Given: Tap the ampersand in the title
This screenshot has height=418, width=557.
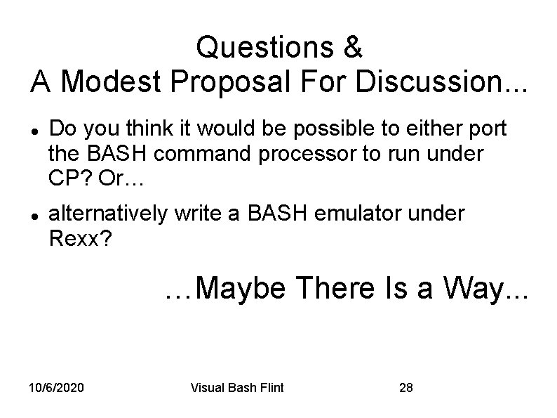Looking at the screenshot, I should pyautogui.click(x=353, y=48).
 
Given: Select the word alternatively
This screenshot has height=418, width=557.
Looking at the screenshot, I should pyautogui.click(x=108, y=214).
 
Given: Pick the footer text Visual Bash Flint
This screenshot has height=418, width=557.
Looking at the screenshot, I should pyautogui.click(x=237, y=388).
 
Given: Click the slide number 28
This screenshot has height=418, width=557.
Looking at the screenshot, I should pyautogui.click(x=405, y=388).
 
